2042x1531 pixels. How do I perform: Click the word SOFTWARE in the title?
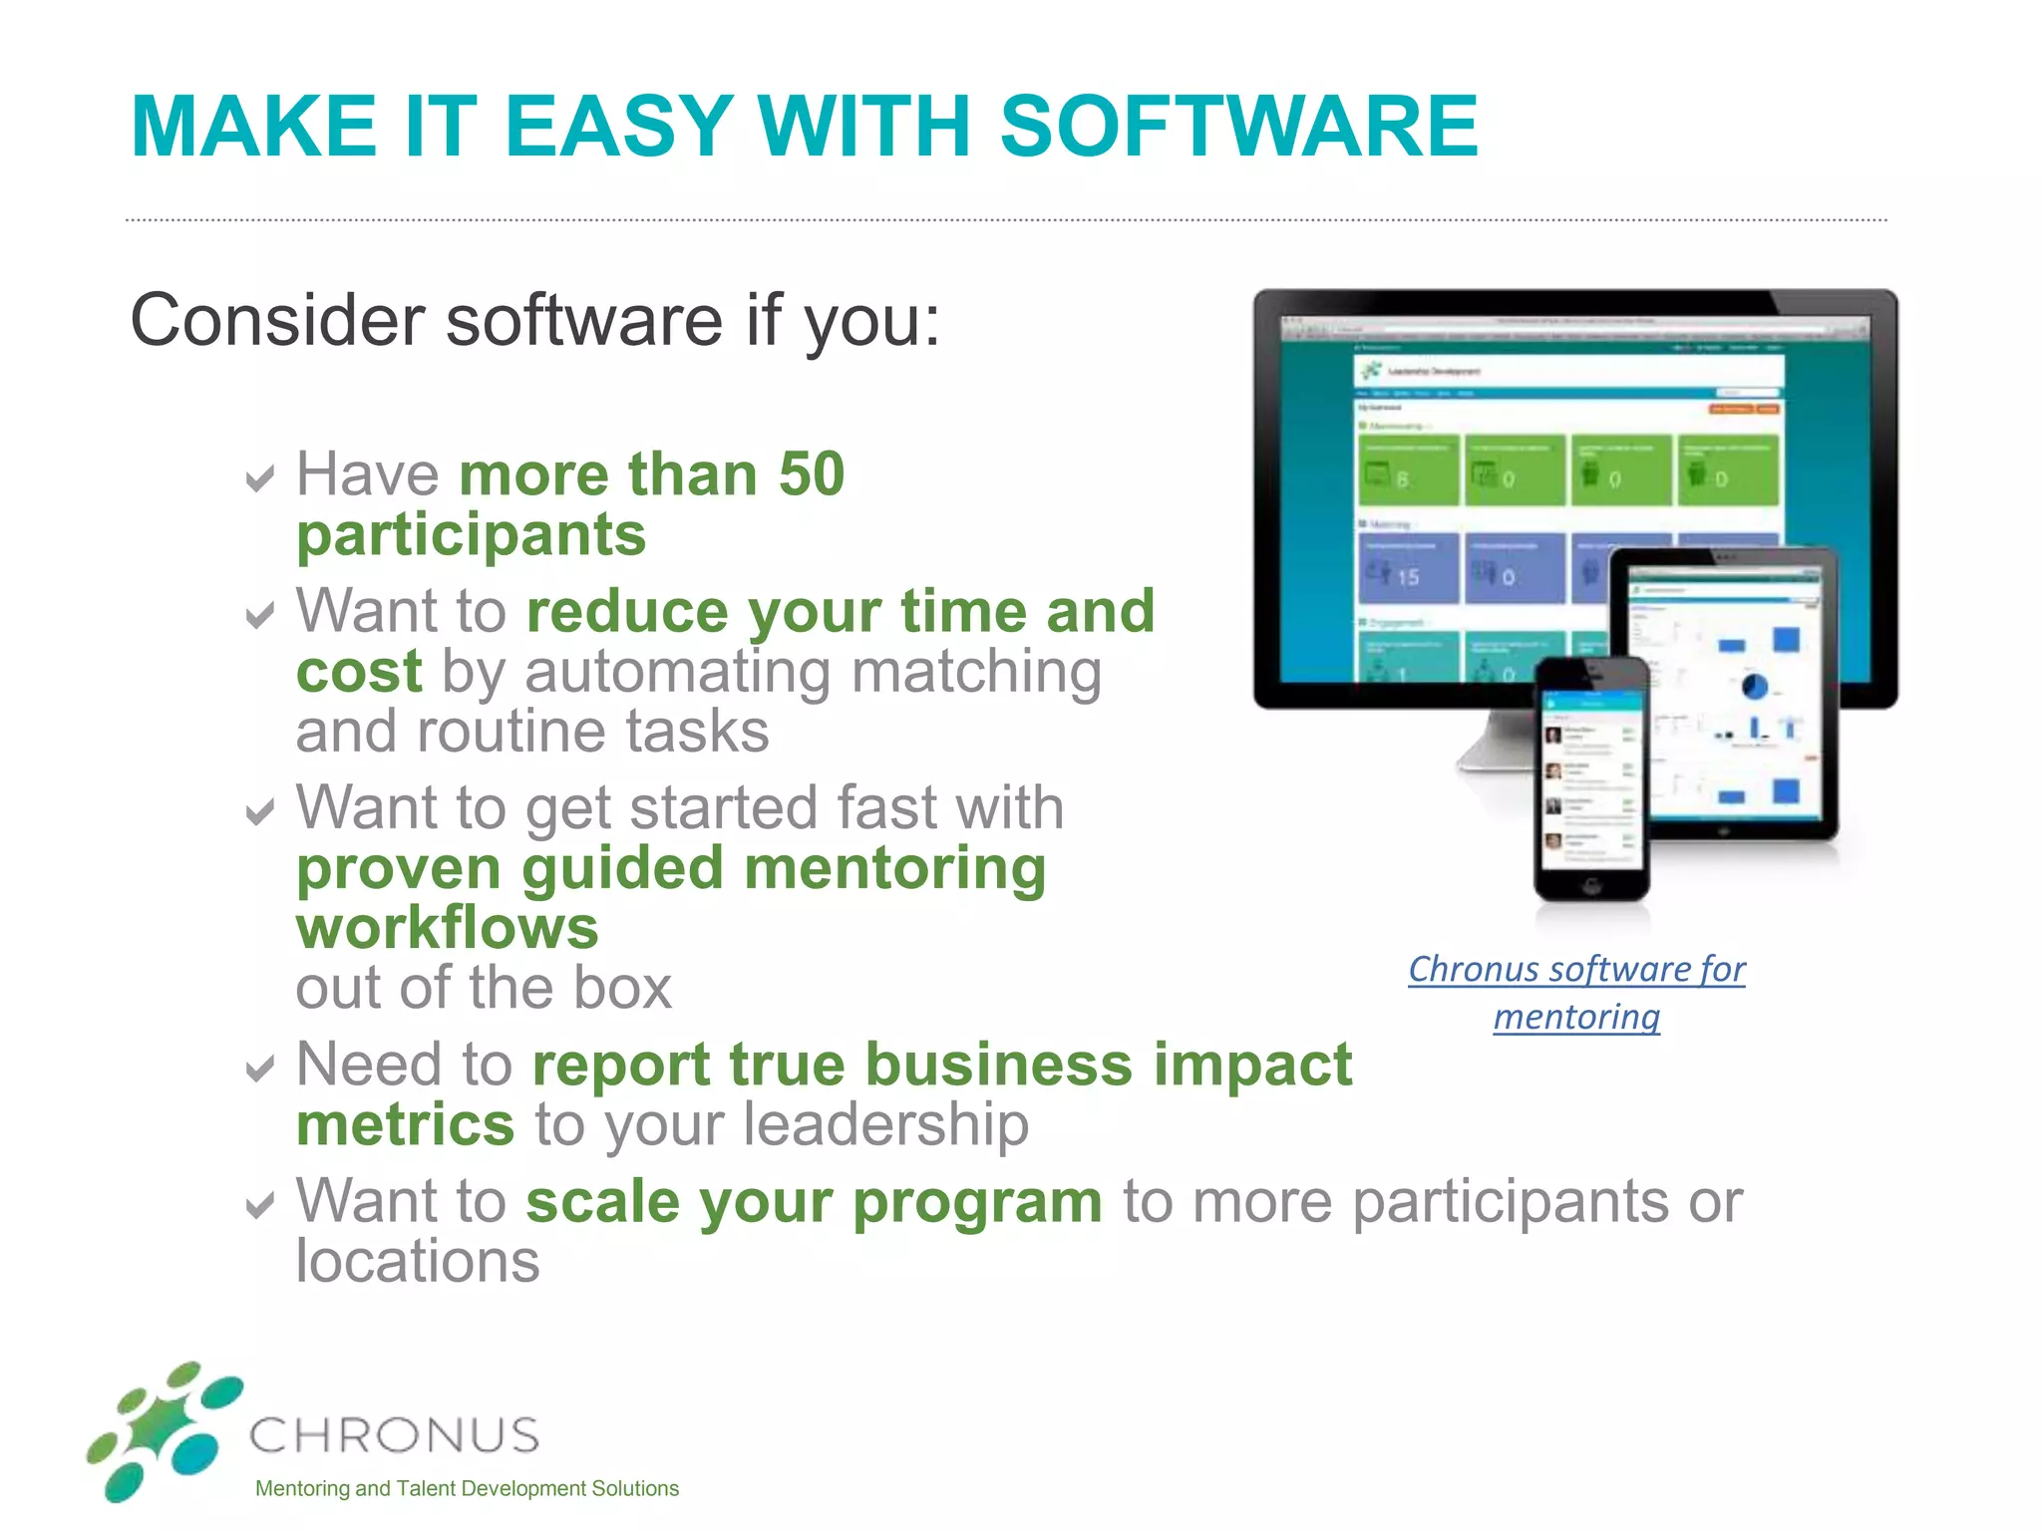tap(1238, 127)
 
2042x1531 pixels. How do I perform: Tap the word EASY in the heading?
tap(618, 127)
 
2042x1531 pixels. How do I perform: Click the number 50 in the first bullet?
tap(811, 473)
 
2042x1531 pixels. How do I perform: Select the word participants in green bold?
tap(472, 535)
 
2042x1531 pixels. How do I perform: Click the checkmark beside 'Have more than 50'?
tap(259, 479)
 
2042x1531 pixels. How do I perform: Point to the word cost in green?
tap(359, 671)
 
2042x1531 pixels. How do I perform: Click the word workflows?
tap(448, 928)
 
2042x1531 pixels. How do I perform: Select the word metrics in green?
tap(405, 1125)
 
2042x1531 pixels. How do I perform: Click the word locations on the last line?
tap(418, 1262)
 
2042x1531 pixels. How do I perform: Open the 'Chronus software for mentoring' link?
tap(1576, 992)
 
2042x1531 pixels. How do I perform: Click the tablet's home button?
tap(1722, 829)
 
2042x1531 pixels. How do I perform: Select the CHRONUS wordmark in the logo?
tap(394, 1436)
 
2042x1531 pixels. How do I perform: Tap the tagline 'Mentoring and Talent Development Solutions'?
tap(467, 1489)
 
